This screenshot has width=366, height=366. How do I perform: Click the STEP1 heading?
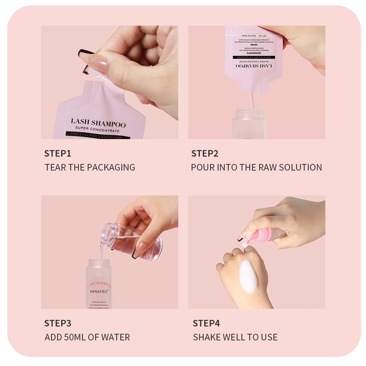pos(57,153)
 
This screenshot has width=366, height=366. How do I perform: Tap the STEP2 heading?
pos(205,153)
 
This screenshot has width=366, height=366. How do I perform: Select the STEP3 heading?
pos(57,323)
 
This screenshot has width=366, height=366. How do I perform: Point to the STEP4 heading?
pos(206,323)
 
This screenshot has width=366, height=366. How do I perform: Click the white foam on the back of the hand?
pos(249,276)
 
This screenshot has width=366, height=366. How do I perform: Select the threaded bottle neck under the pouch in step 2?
pos(250,113)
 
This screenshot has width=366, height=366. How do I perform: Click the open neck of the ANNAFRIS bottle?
pos(99,263)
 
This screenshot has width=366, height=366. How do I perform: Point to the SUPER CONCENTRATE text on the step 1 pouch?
pos(97,130)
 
